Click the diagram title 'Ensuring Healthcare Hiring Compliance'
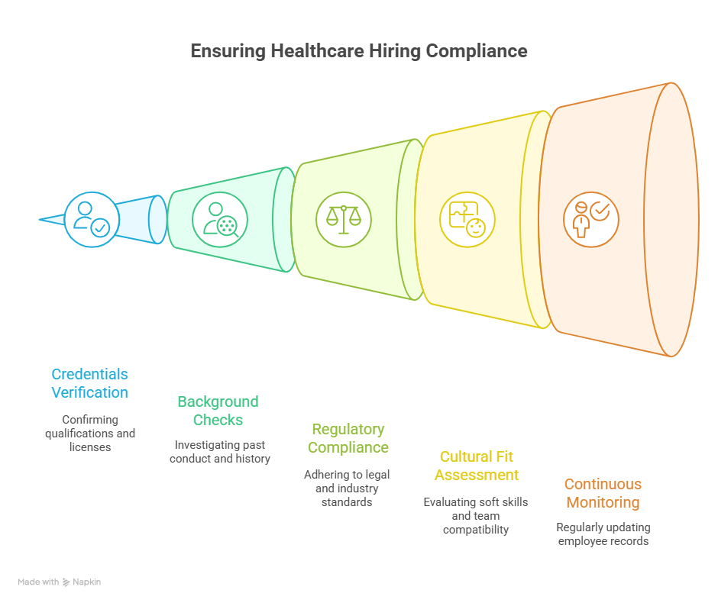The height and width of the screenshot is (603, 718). coord(359,51)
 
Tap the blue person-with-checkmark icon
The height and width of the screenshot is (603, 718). coord(92,220)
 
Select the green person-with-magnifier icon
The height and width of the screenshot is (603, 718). coord(220,220)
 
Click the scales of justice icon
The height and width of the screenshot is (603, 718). coord(344,220)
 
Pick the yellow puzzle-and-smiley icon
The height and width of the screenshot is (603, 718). coord(467,220)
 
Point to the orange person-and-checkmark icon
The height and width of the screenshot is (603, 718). coord(590,220)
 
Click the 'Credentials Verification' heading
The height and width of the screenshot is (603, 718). coord(90,383)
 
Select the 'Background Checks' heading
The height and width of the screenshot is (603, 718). coord(218,411)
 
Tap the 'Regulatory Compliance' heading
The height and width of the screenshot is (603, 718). coord(348,438)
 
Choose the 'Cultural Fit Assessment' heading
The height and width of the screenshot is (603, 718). coord(476,466)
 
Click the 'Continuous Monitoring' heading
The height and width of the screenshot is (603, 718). coord(603,493)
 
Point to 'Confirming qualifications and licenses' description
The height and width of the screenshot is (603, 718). coord(90,434)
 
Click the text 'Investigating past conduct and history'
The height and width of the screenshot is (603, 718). coord(220,452)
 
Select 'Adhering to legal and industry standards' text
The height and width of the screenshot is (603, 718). coord(347,489)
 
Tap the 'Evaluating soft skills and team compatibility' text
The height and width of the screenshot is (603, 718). coord(476,516)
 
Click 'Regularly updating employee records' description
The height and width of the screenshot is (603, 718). coord(603,534)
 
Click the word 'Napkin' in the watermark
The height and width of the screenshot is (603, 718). coord(86,582)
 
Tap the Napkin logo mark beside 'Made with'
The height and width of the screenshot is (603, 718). coord(66,582)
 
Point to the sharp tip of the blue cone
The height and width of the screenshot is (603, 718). coord(40,220)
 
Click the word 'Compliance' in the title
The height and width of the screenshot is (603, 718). coord(477,51)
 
